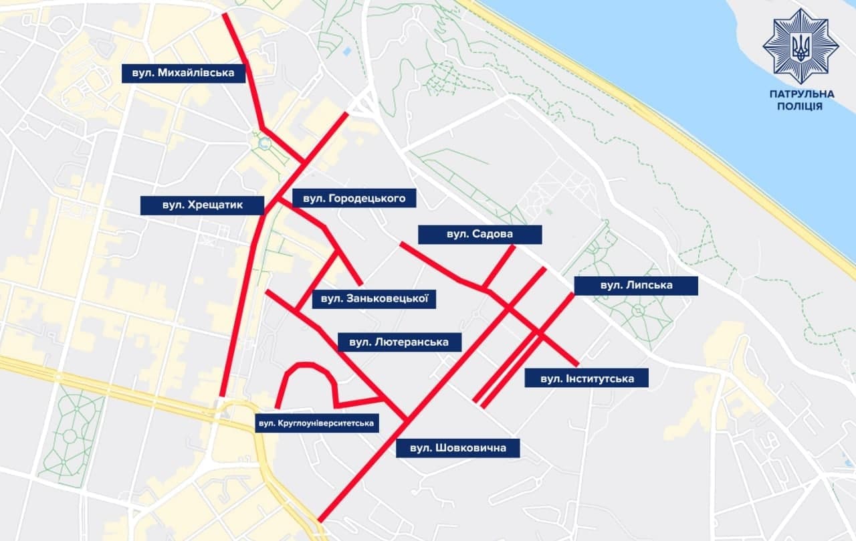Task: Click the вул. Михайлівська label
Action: point(183,73)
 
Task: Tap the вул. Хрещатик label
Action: point(203,205)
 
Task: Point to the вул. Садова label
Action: point(479,235)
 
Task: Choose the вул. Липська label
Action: point(636,286)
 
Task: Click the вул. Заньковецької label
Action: point(374,298)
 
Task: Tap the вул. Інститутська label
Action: point(587,378)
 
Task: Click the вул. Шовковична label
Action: point(457,448)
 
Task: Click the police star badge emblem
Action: point(800,46)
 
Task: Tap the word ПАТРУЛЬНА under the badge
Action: point(801,95)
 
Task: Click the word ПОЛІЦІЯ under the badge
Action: point(801,107)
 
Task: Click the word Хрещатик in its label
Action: point(217,205)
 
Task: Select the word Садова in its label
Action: point(492,235)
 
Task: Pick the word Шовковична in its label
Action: point(471,448)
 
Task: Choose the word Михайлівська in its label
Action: point(197,73)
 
